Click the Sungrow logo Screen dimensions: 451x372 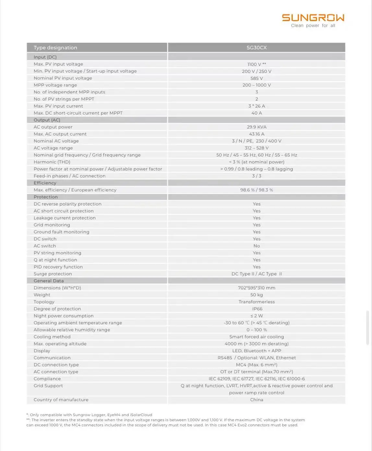[x=313, y=18]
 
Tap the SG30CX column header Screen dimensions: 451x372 [x=257, y=48]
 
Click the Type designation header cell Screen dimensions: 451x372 [x=55, y=48]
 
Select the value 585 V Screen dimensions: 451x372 [x=257, y=78]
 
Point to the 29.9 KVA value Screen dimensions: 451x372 [x=257, y=127]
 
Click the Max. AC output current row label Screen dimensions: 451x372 [x=60, y=134]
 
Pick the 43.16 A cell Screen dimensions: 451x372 [x=257, y=134]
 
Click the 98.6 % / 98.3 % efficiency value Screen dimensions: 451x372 [x=257, y=190]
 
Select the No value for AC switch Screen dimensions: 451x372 [x=257, y=246]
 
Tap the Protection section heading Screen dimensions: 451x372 [x=46, y=197]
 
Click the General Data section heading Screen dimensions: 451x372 [x=49, y=281]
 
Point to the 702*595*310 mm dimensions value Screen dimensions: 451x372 [x=257, y=288]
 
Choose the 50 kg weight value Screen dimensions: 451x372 [x=257, y=295]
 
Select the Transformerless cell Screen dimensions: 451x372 [x=257, y=302]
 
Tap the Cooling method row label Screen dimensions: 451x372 [x=52, y=337]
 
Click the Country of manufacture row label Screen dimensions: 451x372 [x=61, y=400]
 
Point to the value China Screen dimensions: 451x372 [x=257, y=400]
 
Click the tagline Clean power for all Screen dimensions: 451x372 [x=313, y=26]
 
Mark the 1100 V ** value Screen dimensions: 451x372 [x=257, y=64]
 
